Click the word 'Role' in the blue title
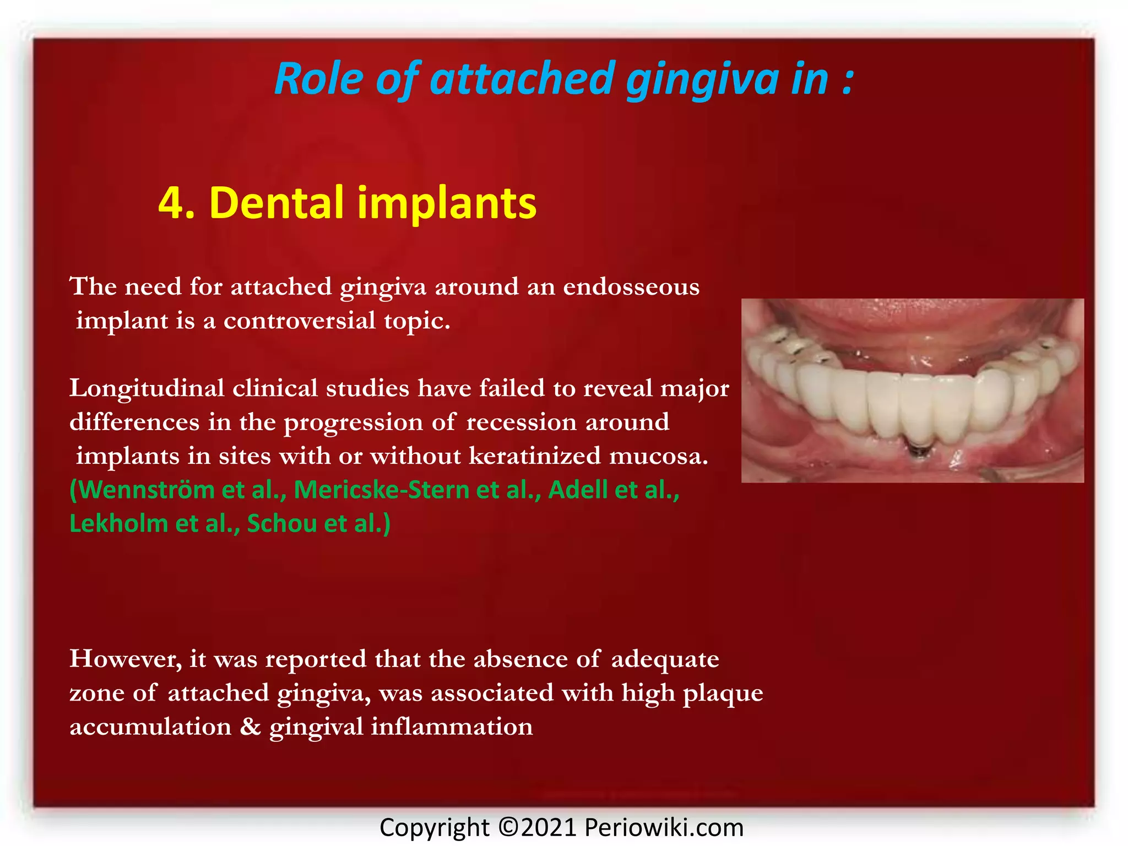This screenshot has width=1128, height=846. tap(318, 79)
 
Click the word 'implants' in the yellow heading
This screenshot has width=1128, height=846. tap(447, 204)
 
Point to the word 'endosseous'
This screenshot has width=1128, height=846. tap(631, 287)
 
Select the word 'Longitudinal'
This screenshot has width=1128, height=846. tap(147, 389)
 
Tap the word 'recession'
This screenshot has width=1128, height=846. tap(521, 422)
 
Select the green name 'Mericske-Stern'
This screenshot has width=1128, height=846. tap(381, 490)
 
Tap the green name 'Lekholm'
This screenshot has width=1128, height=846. tap(118, 523)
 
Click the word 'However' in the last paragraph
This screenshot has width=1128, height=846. tap(125, 659)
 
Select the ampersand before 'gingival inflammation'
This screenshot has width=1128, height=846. tap(250, 727)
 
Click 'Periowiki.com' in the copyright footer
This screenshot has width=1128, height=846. tap(664, 827)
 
